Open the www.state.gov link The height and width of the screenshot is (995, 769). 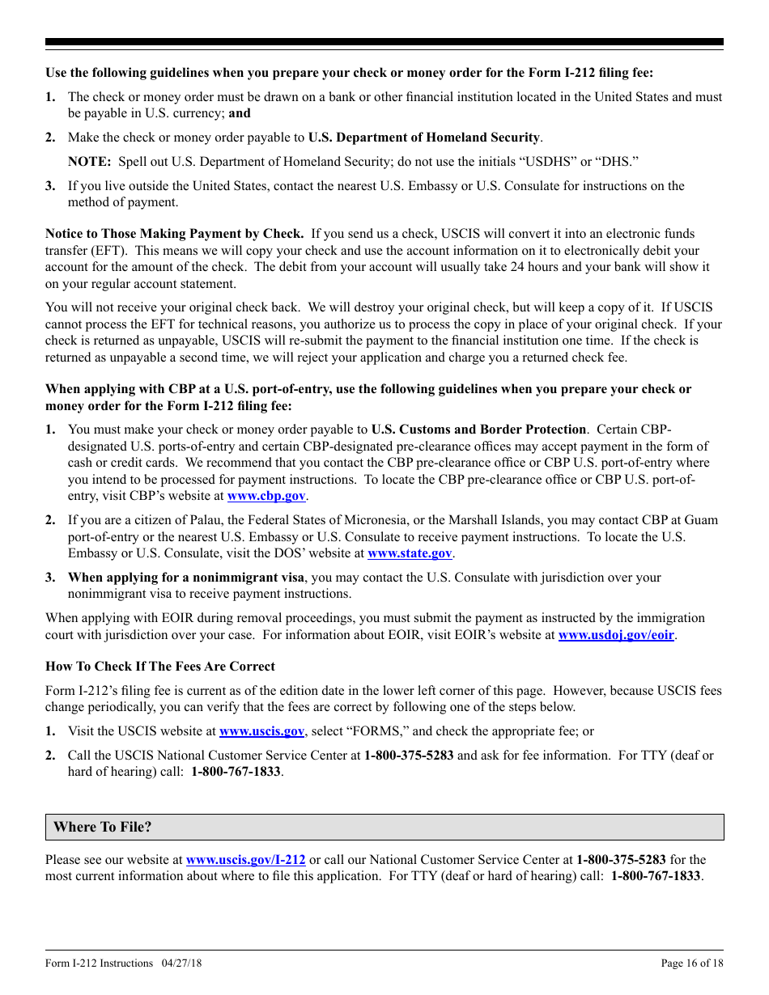410,553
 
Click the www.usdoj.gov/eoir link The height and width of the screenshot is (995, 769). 616,635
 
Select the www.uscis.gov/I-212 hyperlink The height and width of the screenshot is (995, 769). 245,860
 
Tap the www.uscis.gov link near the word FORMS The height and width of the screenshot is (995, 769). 261,731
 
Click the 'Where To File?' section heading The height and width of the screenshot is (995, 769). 103,827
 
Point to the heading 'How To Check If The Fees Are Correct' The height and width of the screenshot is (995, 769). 160,667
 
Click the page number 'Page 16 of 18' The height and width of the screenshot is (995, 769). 692,963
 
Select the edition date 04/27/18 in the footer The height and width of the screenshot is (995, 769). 182,963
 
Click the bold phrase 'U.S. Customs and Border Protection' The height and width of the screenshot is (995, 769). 478,430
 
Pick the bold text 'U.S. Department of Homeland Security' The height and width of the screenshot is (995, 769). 424,138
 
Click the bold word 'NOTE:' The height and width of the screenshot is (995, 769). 89,162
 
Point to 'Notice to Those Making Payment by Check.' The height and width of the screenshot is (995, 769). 175,234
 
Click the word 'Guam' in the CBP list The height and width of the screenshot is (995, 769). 700,520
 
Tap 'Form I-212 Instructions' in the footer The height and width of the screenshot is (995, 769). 99,963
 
